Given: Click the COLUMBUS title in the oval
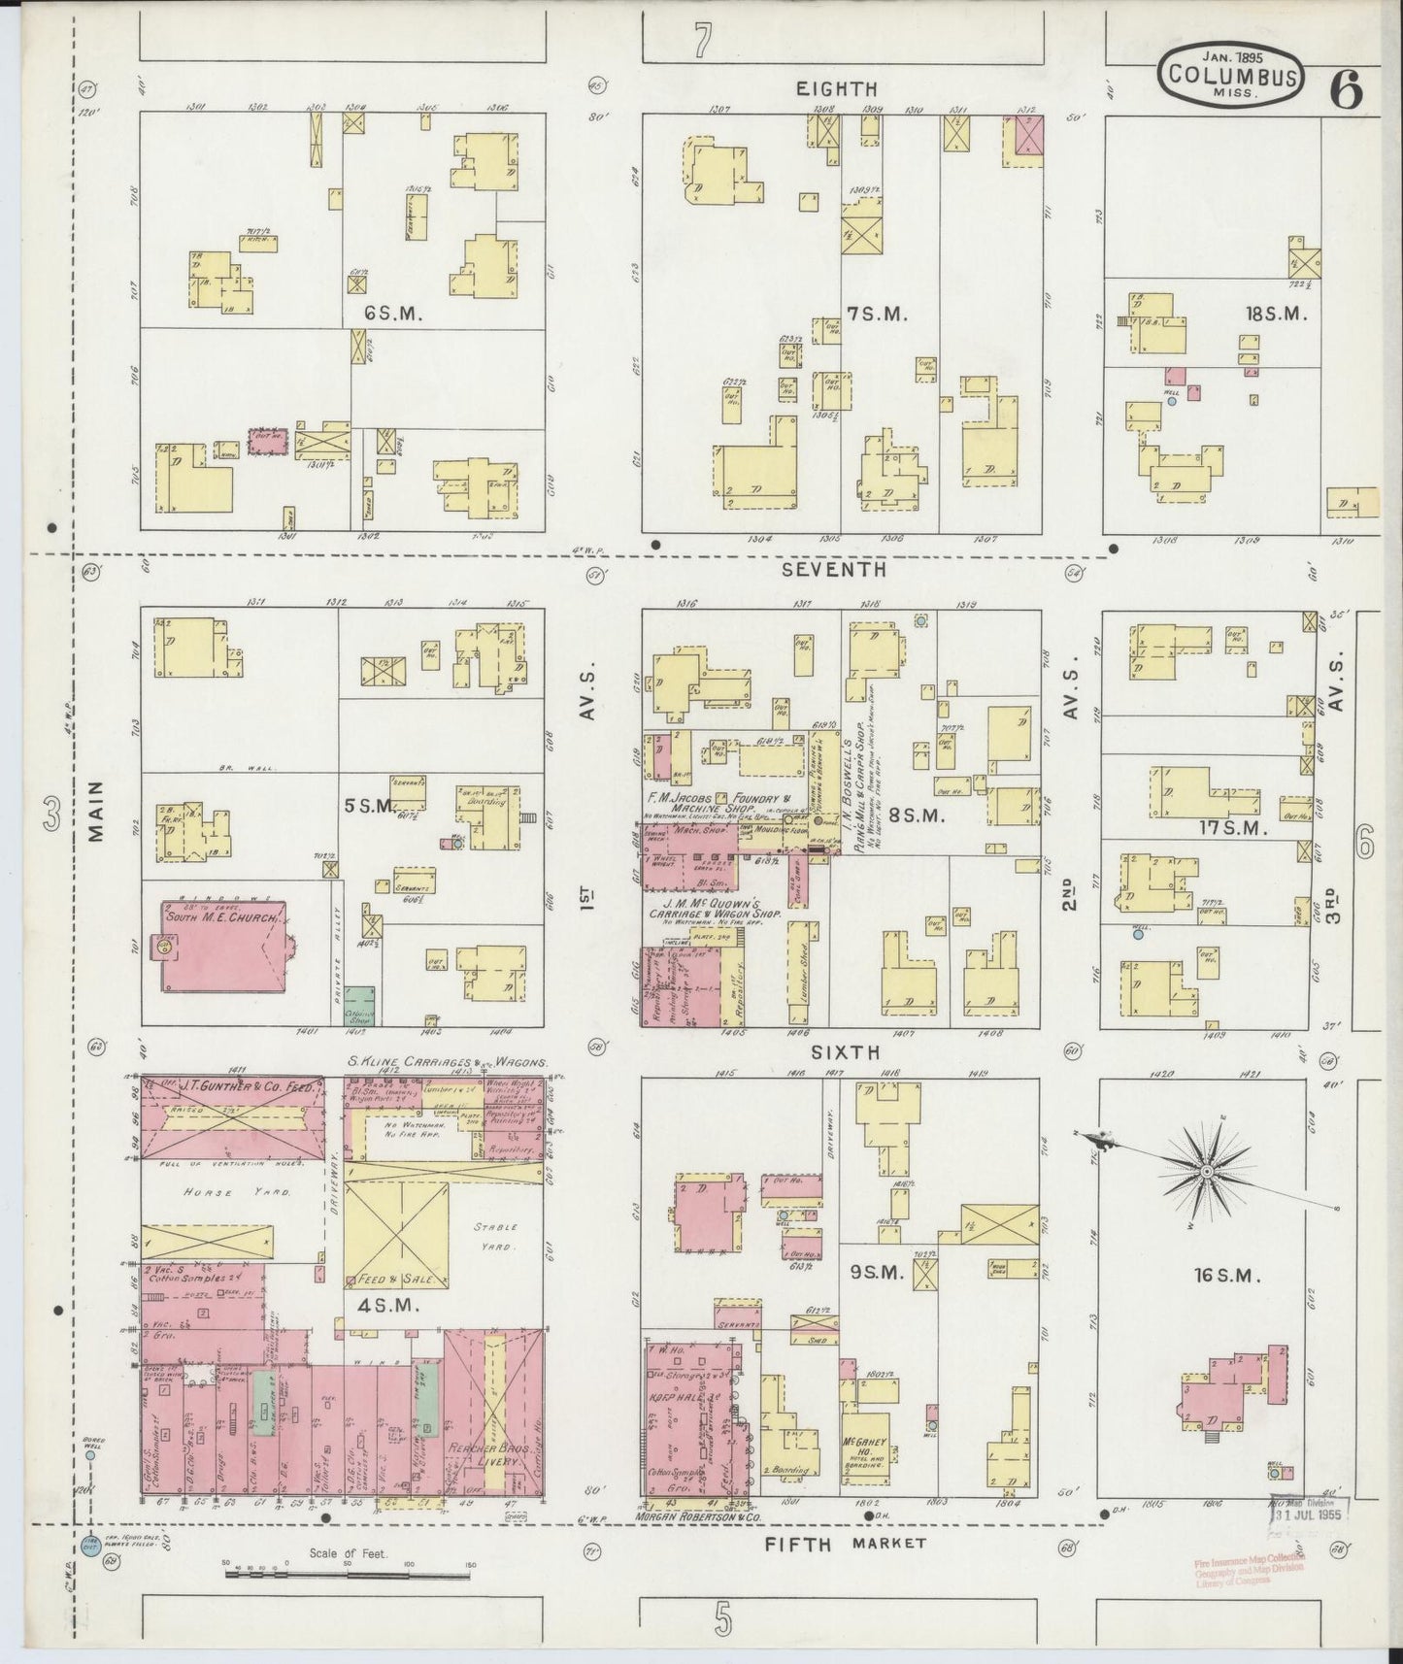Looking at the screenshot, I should pos(1231,76).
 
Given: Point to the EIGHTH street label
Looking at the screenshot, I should pos(836,89).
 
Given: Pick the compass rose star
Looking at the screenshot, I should pos(1205,1172).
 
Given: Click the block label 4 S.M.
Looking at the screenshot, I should pos(392,1307).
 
